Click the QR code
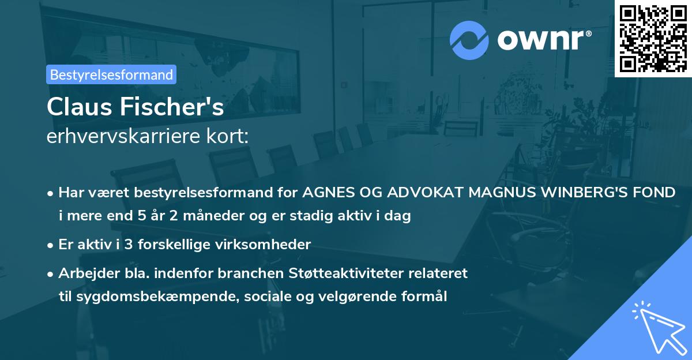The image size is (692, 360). click(x=653, y=38)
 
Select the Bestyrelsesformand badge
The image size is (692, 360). click(x=111, y=74)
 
